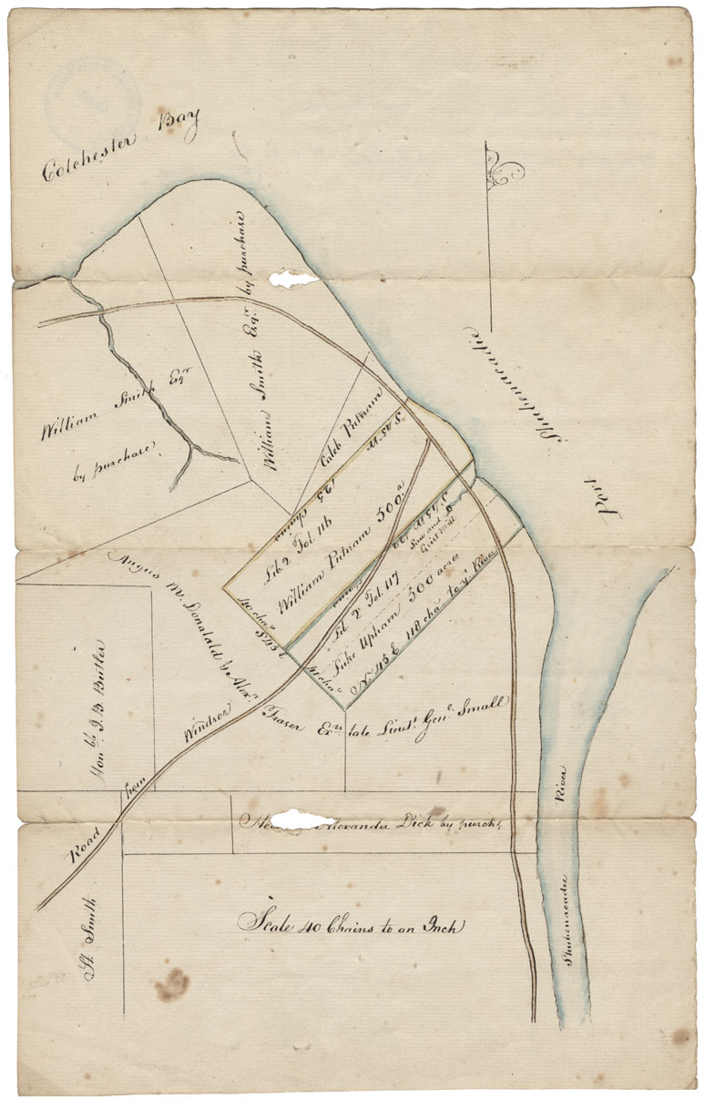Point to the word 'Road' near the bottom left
click(91, 843)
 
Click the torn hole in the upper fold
click(293, 279)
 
